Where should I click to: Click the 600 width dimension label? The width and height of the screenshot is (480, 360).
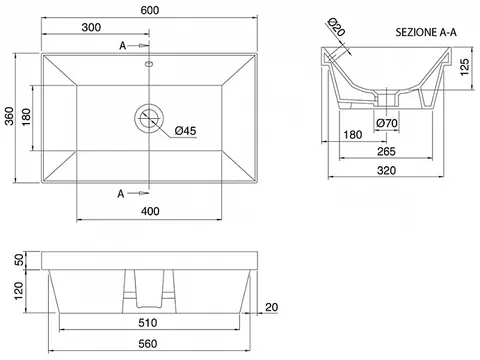150,10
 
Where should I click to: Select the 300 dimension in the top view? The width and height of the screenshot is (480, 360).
91,27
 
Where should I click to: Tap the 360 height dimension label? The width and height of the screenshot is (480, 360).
9,116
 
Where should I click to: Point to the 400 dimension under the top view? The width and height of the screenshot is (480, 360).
150,211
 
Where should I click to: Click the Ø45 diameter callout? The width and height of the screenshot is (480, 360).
185,131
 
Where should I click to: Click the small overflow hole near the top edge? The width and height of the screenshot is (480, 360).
149,63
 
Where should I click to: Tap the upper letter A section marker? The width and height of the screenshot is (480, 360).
123,46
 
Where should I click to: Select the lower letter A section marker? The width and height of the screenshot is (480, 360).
121,193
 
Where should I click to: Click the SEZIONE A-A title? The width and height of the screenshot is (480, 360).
426,32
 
